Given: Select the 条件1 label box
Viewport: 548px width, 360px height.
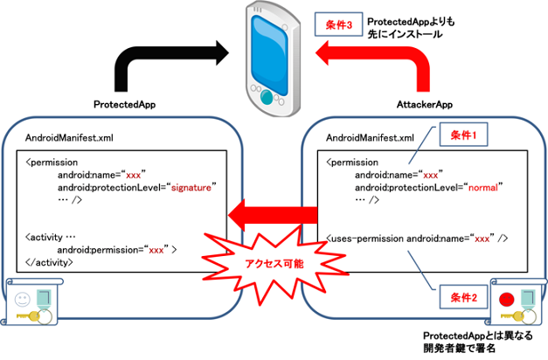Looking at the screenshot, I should pos(460,135).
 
